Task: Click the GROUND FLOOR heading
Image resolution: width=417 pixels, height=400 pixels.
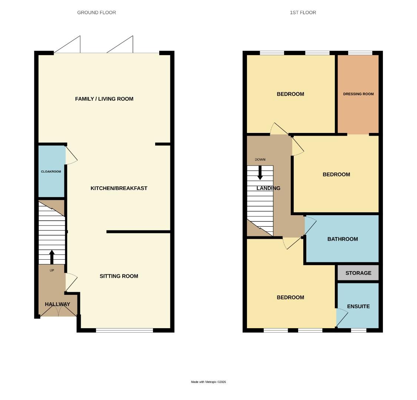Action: click(x=96, y=13)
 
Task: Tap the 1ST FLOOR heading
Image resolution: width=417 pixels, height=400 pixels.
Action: click(x=303, y=13)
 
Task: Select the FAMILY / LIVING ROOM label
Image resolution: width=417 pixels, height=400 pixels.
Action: click(x=104, y=99)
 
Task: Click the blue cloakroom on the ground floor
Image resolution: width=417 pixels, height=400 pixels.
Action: click(x=51, y=171)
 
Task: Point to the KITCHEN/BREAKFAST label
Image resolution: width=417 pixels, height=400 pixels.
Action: click(x=119, y=188)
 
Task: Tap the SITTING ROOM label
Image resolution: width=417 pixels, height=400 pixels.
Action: click(x=119, y=276)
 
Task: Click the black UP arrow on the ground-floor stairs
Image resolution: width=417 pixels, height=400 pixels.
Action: click(x=52, y=257)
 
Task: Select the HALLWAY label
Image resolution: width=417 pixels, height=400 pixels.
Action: click(x=57, y=304)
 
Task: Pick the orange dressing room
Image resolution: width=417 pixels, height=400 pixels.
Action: click(x=358, y=94)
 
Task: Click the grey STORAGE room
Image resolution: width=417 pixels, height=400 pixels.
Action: click(x=358, y=273)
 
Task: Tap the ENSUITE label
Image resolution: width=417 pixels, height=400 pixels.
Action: click(x=358, y=306)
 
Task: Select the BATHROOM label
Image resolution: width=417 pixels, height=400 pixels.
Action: click(x=343, y=239)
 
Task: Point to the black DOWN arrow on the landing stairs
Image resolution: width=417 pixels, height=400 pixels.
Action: click(x=260, y=173)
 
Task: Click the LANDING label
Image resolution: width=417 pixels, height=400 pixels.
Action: click(x=268, y=188)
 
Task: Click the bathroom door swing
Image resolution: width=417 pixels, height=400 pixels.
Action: click(x=310, y=226)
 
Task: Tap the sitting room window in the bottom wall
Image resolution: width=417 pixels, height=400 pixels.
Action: click(x=124, y=330)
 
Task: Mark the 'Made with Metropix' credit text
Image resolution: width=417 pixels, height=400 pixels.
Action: click(x=208, y=382)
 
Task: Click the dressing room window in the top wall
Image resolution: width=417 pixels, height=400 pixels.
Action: click(x=360, y=53)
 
